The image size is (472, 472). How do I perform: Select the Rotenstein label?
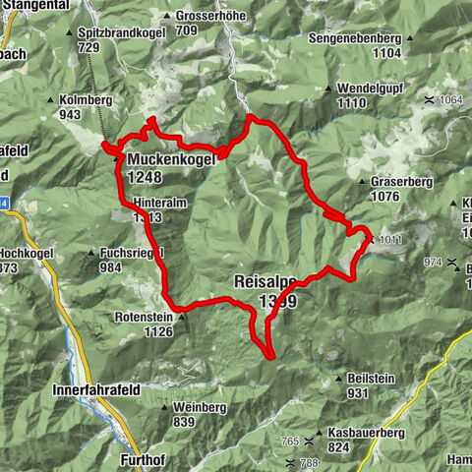coord(145,317)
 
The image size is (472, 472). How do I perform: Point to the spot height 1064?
coord(451,100)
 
